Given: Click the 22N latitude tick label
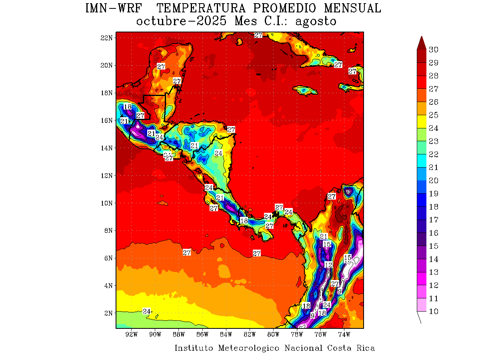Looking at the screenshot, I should click(x=107, y=38).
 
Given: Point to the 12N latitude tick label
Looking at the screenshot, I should click(x=107, y=175).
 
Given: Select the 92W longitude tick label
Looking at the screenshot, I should click(x=132, y=334).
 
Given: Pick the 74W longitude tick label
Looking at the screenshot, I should click(x=344, y=334).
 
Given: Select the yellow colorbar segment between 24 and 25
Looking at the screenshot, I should click(x=422, y=122).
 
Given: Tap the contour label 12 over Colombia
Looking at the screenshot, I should click(x=328, y=265).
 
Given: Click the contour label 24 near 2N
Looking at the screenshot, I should click(x=147, y=311).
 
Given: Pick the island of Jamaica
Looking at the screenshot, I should click(x=307, y=91).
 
